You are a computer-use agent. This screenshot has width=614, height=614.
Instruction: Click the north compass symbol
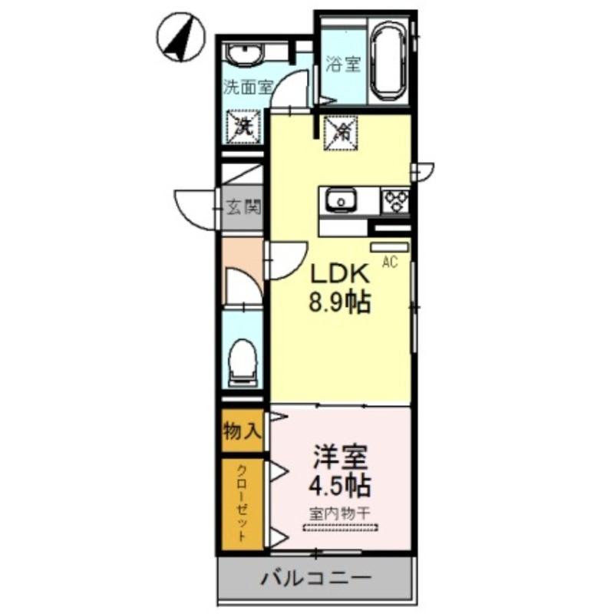(182, 38)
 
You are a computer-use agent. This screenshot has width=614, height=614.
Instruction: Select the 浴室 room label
(342, 64)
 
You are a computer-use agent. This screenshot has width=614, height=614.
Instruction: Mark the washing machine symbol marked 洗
(243, 125)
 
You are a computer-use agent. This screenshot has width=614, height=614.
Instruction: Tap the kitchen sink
(339, 202)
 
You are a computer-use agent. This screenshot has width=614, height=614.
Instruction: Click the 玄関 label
(243, 206)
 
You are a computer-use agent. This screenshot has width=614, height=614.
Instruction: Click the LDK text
(340, 273)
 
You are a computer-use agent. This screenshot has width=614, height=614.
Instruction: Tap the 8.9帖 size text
(340, 302)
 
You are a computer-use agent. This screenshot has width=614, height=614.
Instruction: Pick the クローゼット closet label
(241, 503)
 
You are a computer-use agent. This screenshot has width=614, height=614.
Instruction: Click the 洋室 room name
(339, 457)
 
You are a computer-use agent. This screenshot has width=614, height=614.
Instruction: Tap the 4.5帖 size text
(339, 486)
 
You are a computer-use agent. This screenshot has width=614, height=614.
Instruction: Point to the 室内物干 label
(339, 512)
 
